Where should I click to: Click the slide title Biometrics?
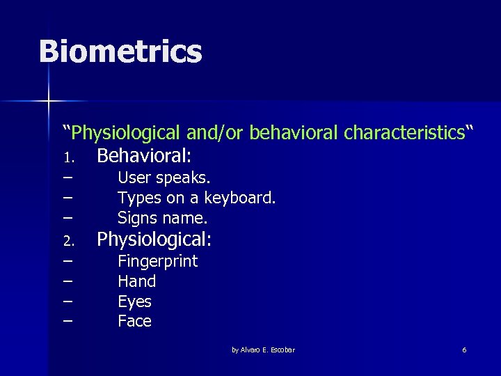(x=120, y=52)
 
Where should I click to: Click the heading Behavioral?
(x=144, y=155)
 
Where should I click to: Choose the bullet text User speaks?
(x=164, y=178)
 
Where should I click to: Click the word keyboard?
(x=239, y=198)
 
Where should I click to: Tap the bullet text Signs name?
(x=163, y=218)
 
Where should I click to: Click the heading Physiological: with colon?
(x=154, y=240)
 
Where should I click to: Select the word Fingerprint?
(x=157, y=262)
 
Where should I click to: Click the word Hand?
(x=136, y=281)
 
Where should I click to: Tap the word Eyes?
(x=134, y=301)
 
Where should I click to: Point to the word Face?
(x=134, y=321)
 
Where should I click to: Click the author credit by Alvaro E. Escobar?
(x=263, y=350)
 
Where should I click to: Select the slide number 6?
(x=464, y=350)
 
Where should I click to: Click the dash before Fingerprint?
(x=67, y=262)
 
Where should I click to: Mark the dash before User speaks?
(x=67, y=178)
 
